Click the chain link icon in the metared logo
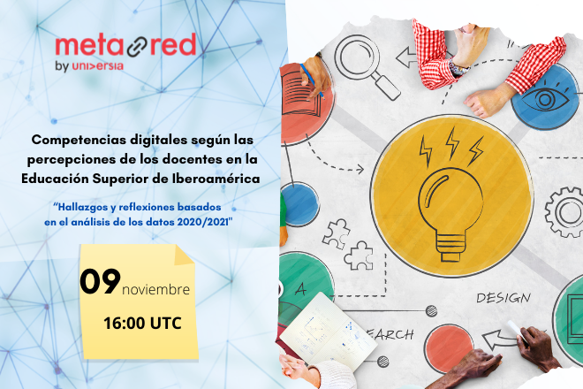[138, 47]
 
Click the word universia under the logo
[97, 66]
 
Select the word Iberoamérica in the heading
[216, 179]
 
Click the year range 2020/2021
[203, 222]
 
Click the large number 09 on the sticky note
[101, 281]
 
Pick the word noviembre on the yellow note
[155, 290]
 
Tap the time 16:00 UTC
[143, 323]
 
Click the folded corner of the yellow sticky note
[184, 256]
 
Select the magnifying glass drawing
[367, 67]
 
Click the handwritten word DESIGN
[503, 298]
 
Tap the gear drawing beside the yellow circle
[564, 212]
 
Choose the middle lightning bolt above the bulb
[452, 143]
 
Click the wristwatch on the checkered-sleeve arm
[458, 68]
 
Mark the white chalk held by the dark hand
[517, 331]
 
